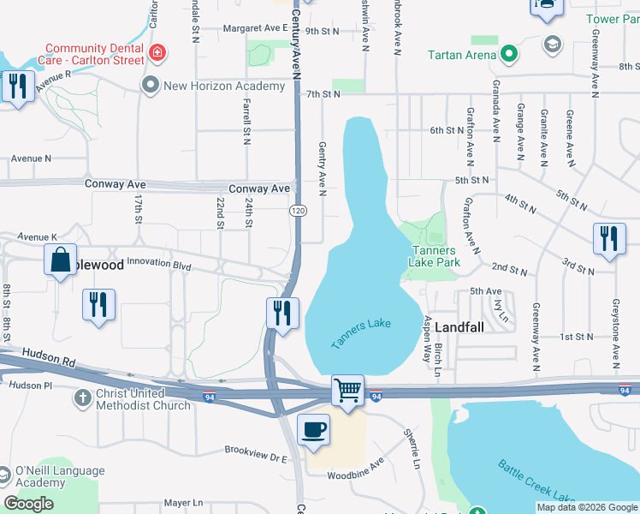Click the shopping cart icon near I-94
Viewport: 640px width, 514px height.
[348, 391]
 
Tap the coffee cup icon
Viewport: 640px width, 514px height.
[313, 428]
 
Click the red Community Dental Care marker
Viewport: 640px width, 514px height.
[157, 55]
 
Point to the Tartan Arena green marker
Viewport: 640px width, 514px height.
[509, 55]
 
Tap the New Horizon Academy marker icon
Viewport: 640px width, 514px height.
[151, 85]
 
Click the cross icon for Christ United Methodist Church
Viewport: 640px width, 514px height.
[82, 398]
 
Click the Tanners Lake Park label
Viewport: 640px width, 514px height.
[436, 256]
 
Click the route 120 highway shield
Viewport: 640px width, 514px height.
[297, 211]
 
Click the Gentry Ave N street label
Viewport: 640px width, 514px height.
[323, 169]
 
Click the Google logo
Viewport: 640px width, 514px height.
[29, 504]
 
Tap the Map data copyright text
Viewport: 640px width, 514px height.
[587, 507]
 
